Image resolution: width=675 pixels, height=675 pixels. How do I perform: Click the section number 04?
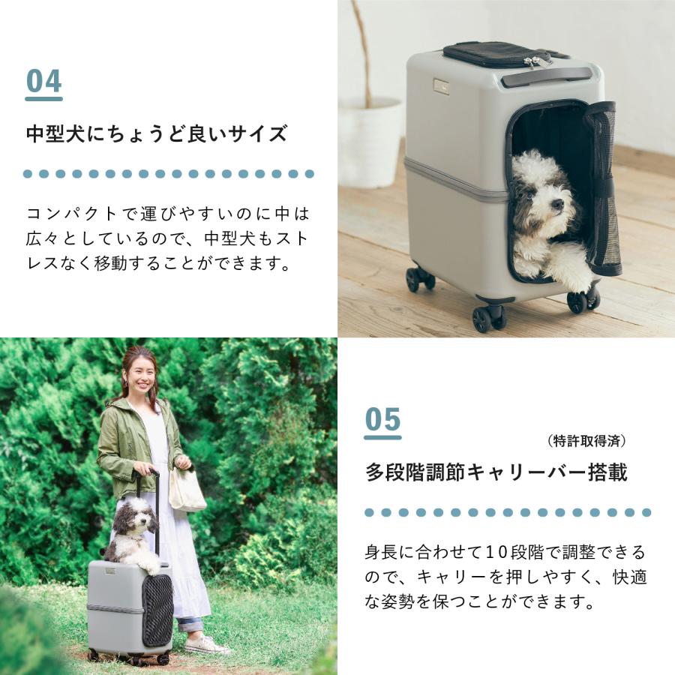(x=43, y=82)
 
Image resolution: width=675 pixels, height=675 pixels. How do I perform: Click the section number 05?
(x=382, y=420)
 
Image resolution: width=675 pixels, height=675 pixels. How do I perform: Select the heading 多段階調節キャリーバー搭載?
(x=496, y=473)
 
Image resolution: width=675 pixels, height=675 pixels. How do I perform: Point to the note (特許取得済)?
(x=586, y=441)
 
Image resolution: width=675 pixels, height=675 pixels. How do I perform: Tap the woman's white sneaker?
(x=206, y=644)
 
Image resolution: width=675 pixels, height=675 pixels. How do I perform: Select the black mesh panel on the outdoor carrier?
(x=157, y=608)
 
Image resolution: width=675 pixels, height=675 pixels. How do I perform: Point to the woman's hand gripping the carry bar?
(x=143, y=469)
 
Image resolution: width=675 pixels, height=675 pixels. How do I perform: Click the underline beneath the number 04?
(x=43, y=98)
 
